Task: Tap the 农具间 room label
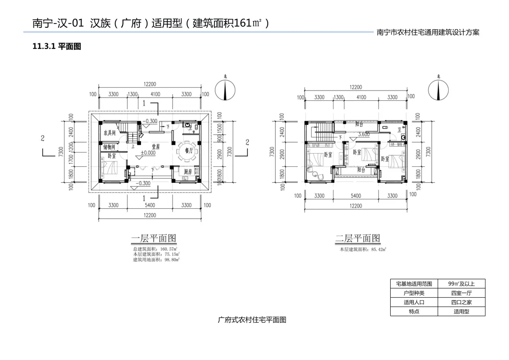click(109, 133)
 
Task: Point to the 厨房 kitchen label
click(188, 172)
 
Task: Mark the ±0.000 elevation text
click(148, 153)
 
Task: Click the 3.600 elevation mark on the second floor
click(363, 134)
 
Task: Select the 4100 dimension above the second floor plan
click(361, 98)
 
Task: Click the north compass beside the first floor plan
click(225, 90)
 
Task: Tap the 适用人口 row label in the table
click(414, 303)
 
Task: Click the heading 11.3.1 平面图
click(57, 46)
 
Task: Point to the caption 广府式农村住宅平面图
click(252, 319)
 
